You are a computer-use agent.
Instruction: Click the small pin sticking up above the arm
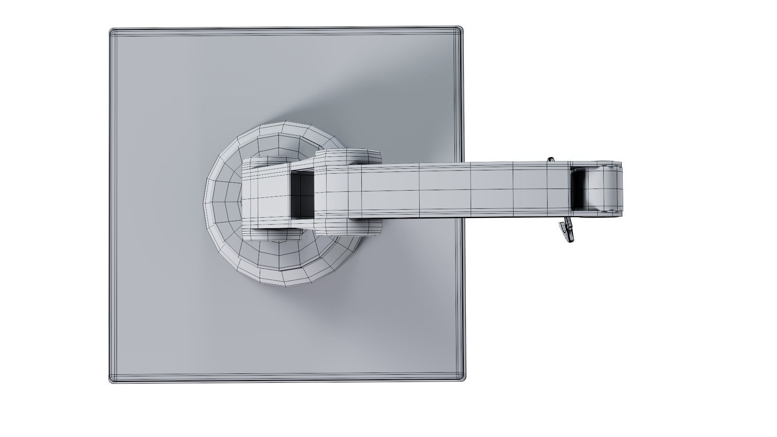[x=551, y=160]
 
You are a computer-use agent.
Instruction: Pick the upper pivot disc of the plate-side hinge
[x=268, y=161]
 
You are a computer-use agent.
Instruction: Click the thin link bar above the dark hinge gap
[x=301, y=165]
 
